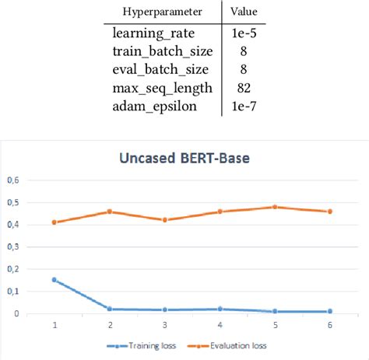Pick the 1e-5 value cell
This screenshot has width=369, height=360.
coord(243,35)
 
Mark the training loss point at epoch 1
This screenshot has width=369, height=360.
coord(54,280)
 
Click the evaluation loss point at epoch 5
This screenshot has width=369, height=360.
coord(276,207)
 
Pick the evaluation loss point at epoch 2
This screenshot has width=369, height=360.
coord(110,211)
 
